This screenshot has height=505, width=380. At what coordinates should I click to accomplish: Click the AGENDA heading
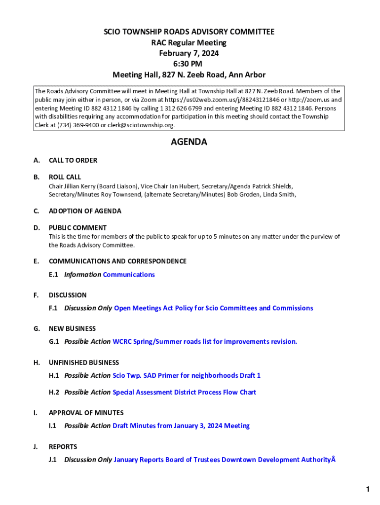(x=189, y=142)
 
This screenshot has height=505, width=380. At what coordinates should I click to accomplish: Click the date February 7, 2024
(x=189, y=53)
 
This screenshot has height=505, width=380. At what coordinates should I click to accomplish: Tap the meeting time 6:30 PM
(x=189, y=64)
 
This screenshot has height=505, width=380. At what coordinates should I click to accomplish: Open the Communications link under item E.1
(x=129, y=275)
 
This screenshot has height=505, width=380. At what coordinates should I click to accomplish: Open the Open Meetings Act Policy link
(x=213, y=308)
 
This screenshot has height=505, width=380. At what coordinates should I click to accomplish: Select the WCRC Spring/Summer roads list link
(x=205, y=341)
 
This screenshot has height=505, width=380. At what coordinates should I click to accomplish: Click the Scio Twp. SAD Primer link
(x=187, y=375)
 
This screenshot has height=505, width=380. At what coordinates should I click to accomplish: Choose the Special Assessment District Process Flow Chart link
(x=185, y=393)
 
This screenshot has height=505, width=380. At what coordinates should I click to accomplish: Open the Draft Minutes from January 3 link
(x=181, y=426)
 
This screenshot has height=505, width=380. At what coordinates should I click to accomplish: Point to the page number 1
(x=368, y=489)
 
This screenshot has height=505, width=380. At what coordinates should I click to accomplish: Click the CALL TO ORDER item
(x=73, y=160)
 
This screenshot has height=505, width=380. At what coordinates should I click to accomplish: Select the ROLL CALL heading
(x=65, y=177)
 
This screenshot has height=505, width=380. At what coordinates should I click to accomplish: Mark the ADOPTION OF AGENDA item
(x=85, y=211)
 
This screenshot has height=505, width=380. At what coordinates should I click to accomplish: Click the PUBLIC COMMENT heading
(x=77, y=228)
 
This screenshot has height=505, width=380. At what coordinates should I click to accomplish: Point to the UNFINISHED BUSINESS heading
(x=84, y=362)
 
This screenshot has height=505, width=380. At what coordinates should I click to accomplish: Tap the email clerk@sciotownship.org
(x=141, y=125)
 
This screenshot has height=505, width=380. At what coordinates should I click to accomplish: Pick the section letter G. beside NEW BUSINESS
(x=37, y=328)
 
